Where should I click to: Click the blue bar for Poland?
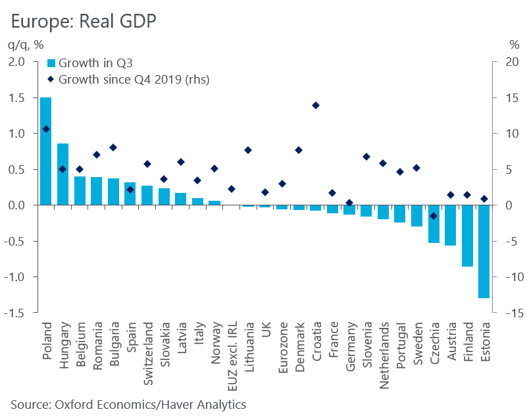(x=46, y=151)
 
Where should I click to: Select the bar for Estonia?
(x=484, y=251)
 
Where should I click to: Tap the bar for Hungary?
(x=63, y=174)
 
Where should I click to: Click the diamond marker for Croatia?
(x=315, y=105)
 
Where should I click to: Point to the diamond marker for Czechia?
(x=434, y=216)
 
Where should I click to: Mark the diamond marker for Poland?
(x=46, y=129)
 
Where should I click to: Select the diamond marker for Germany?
(x=349, y=203)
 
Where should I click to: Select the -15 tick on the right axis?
(x=509, y=313)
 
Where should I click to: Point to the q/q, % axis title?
(x=26, y=45)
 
